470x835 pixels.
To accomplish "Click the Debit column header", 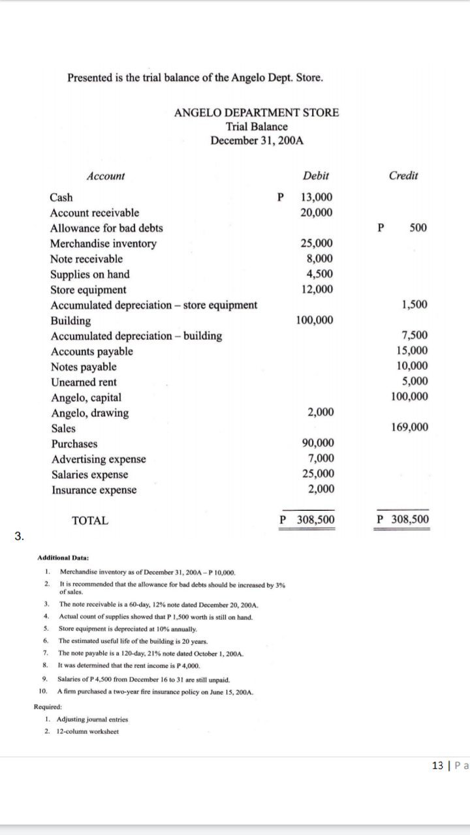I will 316,176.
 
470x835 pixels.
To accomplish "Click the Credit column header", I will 403,176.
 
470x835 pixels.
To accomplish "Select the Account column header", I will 105,176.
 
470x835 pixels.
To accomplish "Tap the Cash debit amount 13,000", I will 317,198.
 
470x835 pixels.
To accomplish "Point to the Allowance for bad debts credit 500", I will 418,228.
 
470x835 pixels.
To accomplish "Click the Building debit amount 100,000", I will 314,320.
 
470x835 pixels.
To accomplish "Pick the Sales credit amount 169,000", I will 410,428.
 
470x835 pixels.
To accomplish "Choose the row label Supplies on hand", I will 90,274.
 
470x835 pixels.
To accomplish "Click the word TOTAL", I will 90,521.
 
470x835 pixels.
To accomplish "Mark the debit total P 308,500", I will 307,520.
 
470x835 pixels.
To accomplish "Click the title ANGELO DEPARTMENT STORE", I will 257,112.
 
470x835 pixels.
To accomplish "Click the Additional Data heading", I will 63,558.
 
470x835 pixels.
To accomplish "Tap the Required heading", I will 48,706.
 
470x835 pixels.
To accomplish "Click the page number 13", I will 438,765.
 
